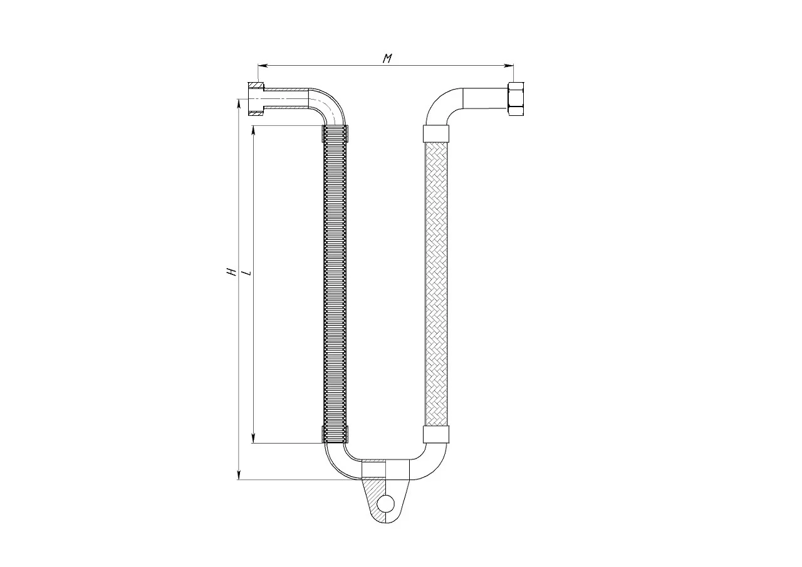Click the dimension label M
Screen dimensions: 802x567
[x=387, y=58]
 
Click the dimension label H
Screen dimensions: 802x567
[x=232, y=272]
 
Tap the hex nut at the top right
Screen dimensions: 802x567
[x=516, y=99]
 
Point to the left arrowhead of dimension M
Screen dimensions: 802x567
[x=263, y=66]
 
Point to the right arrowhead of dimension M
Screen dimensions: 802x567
[x=509, y=66]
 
